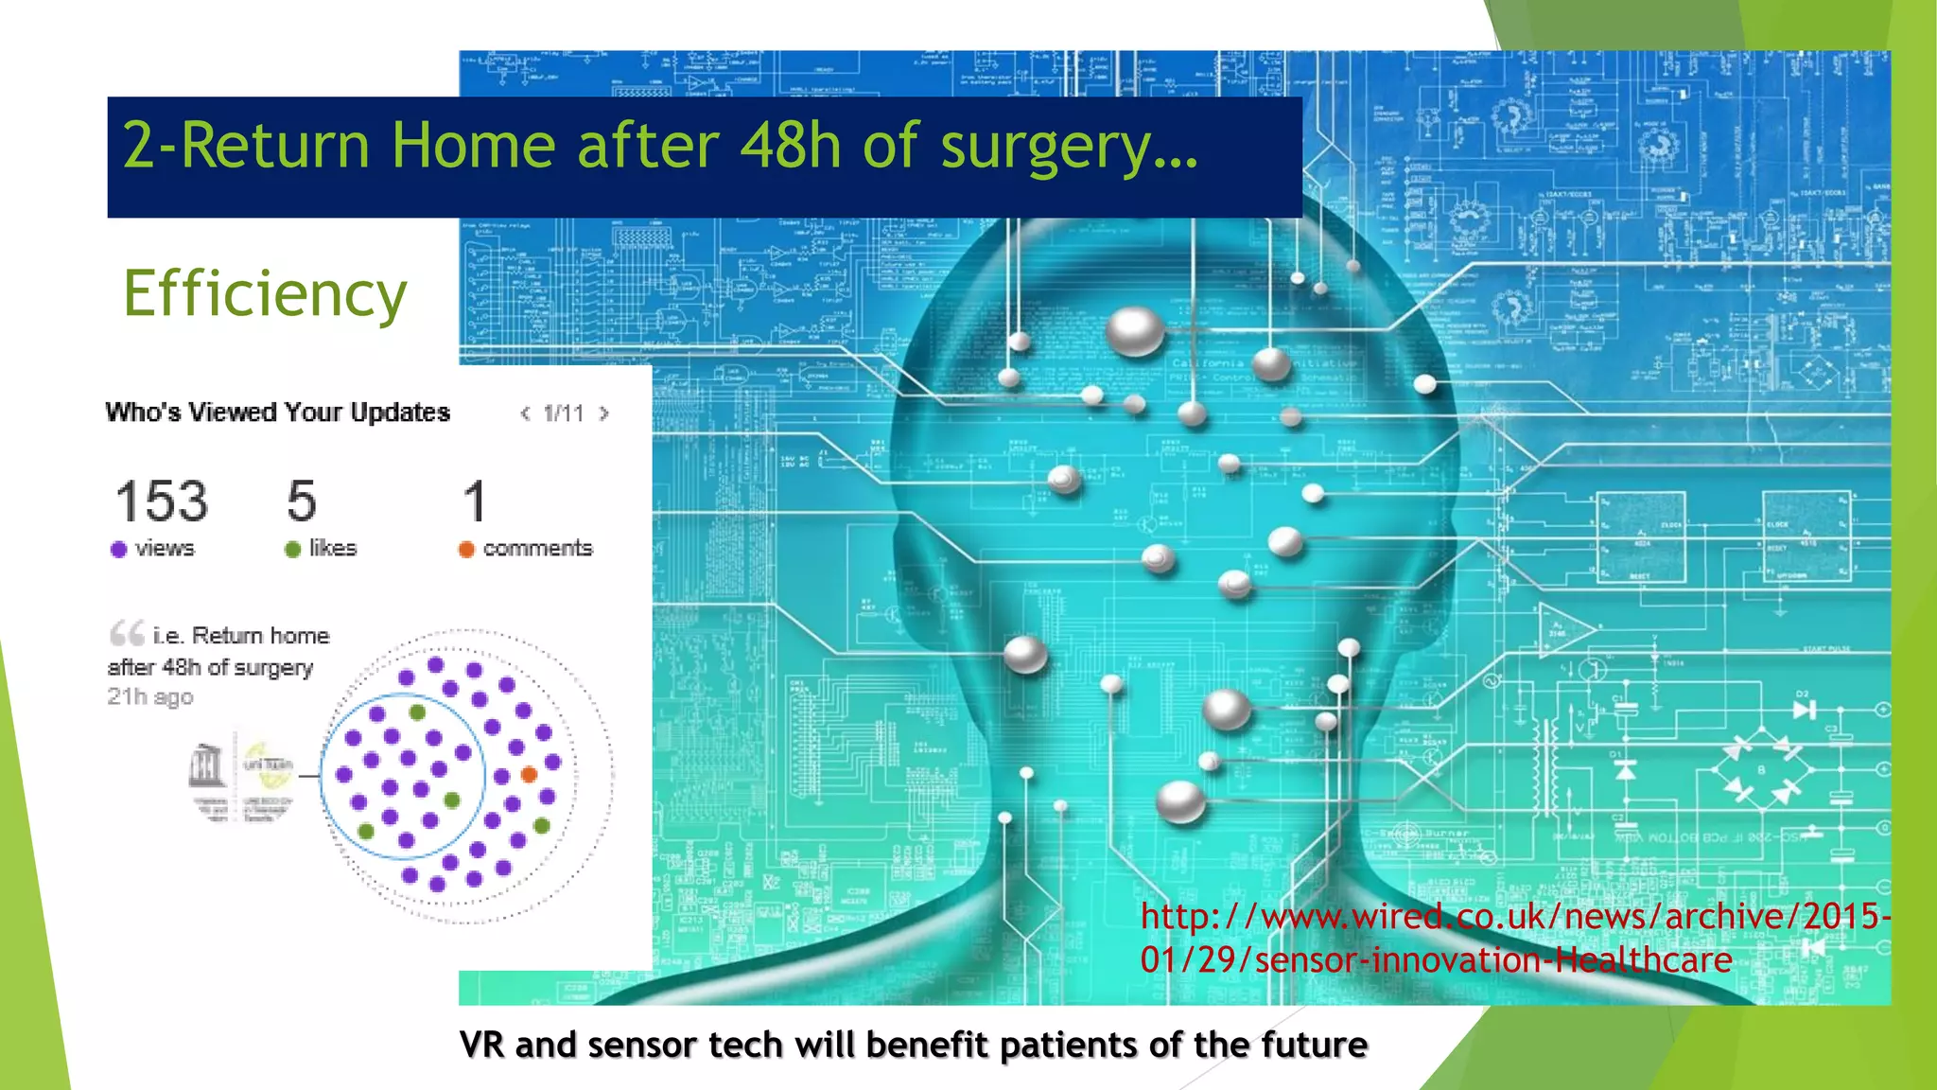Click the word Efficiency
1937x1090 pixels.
click(x=265, y=294)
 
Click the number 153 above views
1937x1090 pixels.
click(x=162, y=501)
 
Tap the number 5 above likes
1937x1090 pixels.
click(x=302, y=501)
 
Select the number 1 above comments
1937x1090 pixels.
click(x=475, y=501)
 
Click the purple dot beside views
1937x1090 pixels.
click(x=118, y=550)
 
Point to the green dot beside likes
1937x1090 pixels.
click(x=292, y=550)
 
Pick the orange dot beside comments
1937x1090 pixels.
click(x=466, y=550)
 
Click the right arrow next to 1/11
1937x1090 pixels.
click(x=604, y=413)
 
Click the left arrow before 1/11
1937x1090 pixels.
click(x=526, y=413)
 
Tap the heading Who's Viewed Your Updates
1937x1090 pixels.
click(x=277, y=413)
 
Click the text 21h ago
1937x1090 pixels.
click(x=150, y=697)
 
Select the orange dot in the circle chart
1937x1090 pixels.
click(x=530, y=775)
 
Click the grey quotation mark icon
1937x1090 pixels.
click(x=127, y=632)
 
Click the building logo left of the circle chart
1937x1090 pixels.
click(x=206, y=765)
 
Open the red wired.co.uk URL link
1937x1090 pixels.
click(x=1513, y=938)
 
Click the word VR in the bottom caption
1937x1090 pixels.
click(x=481, y=1046)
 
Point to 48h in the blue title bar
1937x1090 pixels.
click(x=790, y=147)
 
